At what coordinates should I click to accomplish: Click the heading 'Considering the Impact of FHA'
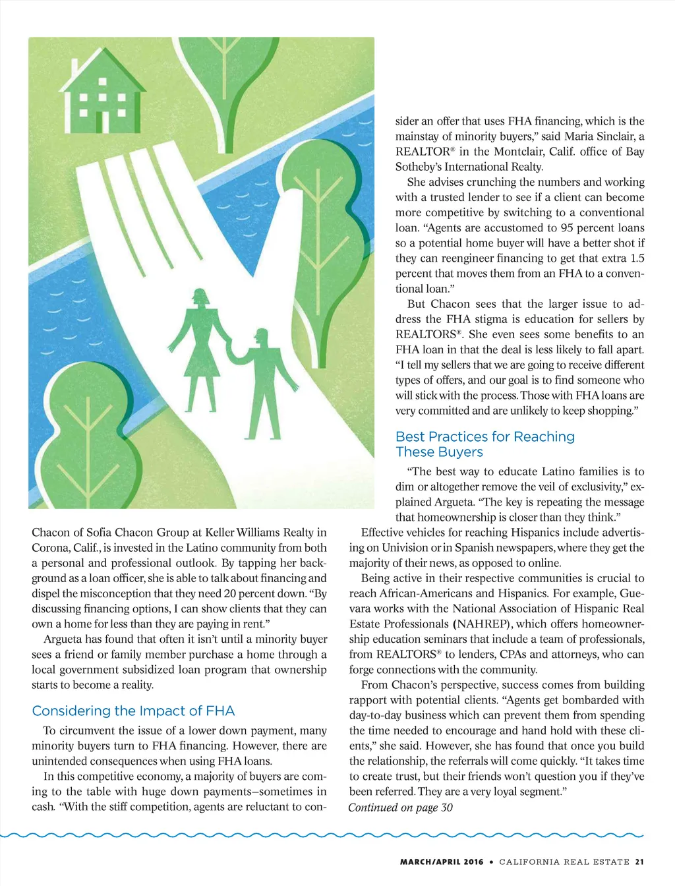coord(133,711)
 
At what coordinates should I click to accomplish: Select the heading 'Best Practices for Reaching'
coord(484,436)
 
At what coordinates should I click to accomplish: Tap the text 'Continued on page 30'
coord(400,808)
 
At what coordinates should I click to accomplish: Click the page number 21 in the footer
coord(639,862)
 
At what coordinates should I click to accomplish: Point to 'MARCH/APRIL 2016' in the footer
coord(442,862)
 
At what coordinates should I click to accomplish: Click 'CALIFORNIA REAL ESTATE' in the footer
coord(564,862)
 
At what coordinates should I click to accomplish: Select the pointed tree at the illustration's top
coord(223,73)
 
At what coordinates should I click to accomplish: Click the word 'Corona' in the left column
coord(49,548)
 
